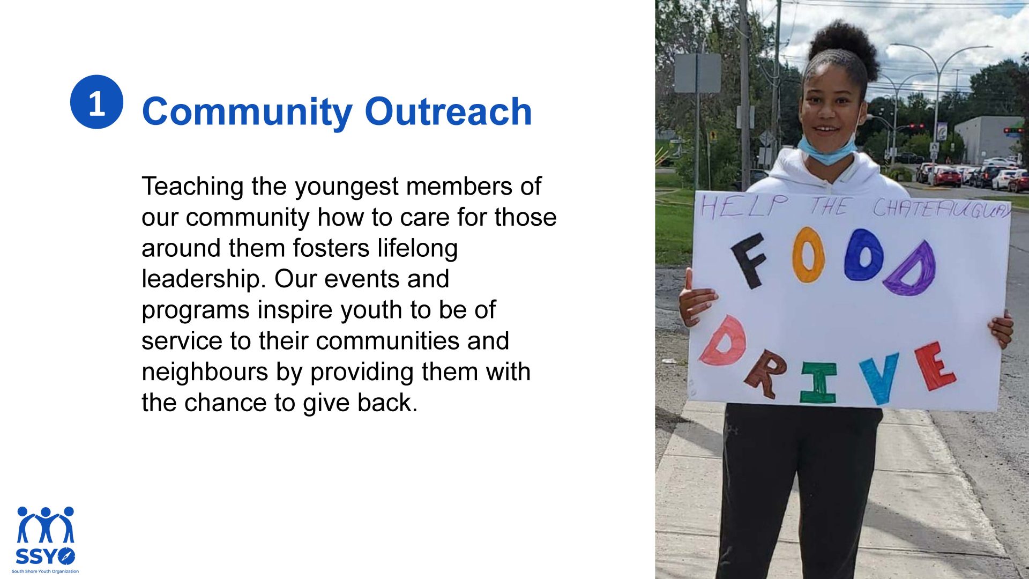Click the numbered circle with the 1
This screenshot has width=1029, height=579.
pyautogui.click(x=96, y=102)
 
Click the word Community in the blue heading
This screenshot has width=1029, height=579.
pyautogui.click(x=247, y=113)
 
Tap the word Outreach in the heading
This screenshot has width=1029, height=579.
pyautogui.click(x=448, y=112)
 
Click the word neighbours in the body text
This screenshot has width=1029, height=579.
pyautogui.click(x=205, y=372)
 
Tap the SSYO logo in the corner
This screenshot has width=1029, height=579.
pyautogui.click(x=46, y=539)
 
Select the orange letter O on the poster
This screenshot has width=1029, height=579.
pyautogui.click(x=808, y=255)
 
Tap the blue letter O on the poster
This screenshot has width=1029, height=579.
pyautogui.click(x=863, y=255)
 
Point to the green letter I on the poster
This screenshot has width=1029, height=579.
pyautogui.click(x=818, y=382)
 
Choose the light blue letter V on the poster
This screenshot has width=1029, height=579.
pyautogui.click(x=879, y=377)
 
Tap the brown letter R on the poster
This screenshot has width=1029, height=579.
pyautogui.click(x=765, y=374)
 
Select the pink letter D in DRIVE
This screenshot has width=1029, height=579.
pyautogui.click(x=724, y=342)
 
